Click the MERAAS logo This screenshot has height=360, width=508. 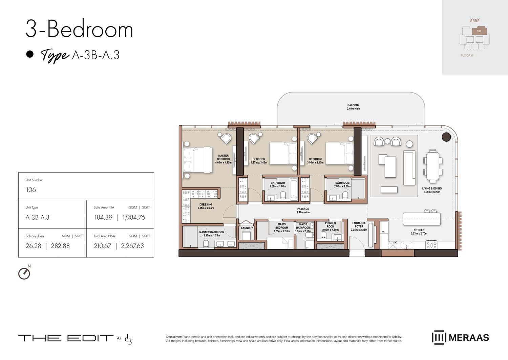(460, 338)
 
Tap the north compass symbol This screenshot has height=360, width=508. (24, 273)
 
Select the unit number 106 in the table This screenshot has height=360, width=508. (31, 190)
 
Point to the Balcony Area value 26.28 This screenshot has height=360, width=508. (33, 246)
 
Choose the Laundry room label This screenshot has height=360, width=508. (247, 228)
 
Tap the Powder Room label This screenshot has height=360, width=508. (330, 225)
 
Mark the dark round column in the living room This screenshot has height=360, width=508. (446, 137)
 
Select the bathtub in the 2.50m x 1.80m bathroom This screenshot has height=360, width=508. (294, 189)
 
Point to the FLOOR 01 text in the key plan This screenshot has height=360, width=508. (467, 55)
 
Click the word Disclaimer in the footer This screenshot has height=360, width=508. (174, 337)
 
